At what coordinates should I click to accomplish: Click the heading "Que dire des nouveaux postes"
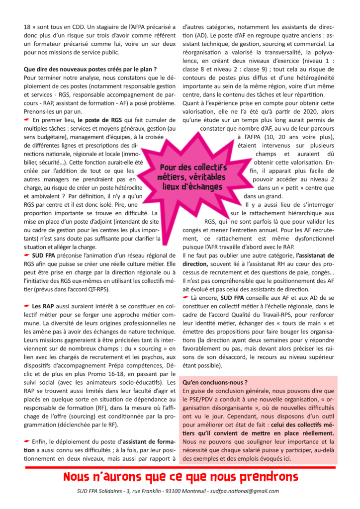tap(90, 69)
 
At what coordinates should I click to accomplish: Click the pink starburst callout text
tap(194, 177)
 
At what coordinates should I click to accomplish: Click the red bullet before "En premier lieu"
tap(27, 120)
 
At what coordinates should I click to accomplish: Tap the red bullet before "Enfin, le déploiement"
tap(27, 441)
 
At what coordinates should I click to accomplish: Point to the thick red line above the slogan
tap(180, 467)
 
